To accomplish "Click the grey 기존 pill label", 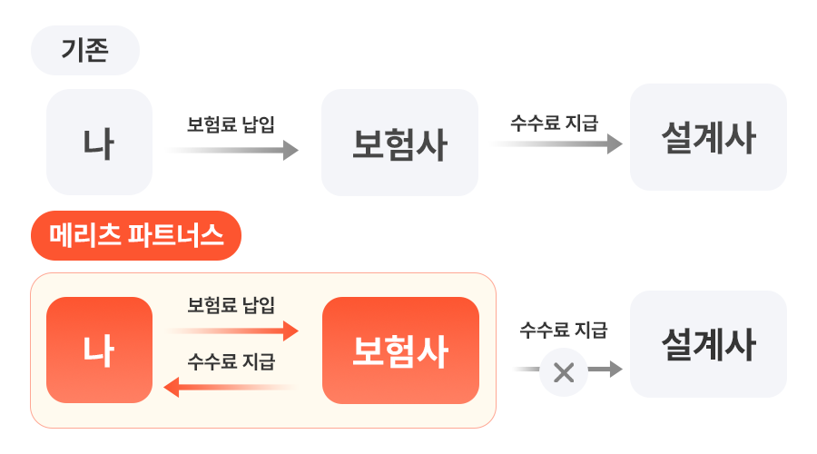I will tap(84, 50).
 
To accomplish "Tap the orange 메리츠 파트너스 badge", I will tap(136, 236).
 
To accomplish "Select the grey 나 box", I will tap(99, 142).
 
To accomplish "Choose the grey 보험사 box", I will tap(399, 143).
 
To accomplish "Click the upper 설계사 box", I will tap(708, 137).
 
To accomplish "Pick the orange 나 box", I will tap(99, 350).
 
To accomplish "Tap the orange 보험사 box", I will tap(399, 350).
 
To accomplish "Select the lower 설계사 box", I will tap(708, 344).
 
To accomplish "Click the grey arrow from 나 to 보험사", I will tap(233, 151).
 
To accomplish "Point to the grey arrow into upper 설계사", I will tap(556, 143).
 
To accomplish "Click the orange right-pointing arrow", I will tap(233, 331).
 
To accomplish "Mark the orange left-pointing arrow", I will tap(231, 388).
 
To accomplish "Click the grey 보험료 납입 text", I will tap(231, 123).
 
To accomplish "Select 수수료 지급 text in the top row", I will tap(554, 123).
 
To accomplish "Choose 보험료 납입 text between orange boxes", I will tap(231, 304).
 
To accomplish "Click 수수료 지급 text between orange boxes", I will tap(231, 362).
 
